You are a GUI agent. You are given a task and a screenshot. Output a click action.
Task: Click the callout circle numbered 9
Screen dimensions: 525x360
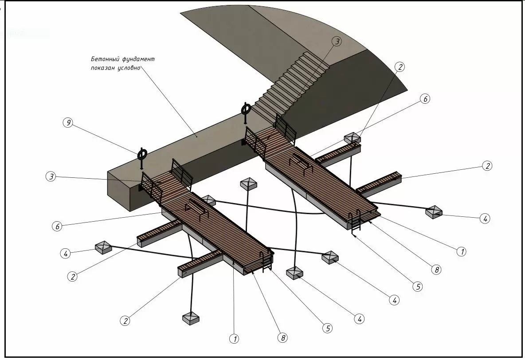pyautogui.click(x=68, y=122)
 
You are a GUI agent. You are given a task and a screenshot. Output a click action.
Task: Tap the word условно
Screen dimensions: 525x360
pyautogui.click(x=129, y=68)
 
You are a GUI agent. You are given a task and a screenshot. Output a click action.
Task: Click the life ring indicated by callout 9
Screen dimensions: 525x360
pyautogui.click(x=142, y=155)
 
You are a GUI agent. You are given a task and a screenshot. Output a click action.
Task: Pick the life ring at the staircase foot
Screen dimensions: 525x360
pyautogui.click(x=246, y=110)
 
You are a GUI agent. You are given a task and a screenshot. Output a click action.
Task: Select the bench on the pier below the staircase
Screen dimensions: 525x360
pyautogui.click(x=301, y=162)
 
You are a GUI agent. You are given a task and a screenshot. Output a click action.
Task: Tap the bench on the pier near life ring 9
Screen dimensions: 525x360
pyautogui.click(x=196, y=207)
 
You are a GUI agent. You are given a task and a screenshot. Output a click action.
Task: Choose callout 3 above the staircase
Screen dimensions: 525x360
pyautogui.click(x=337, y=41)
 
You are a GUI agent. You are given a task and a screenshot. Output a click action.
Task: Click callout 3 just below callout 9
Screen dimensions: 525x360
pyautogui.click(x=51, y=176)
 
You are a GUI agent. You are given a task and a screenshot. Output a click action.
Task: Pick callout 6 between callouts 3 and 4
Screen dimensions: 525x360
pyautogui.click(x=57, y=227)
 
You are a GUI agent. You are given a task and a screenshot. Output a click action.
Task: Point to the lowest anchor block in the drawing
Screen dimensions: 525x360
pyautogui.click(x=191, y=318)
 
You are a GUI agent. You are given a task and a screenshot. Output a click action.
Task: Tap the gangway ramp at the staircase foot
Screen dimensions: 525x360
pyautogui.click(x=271, y=136)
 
